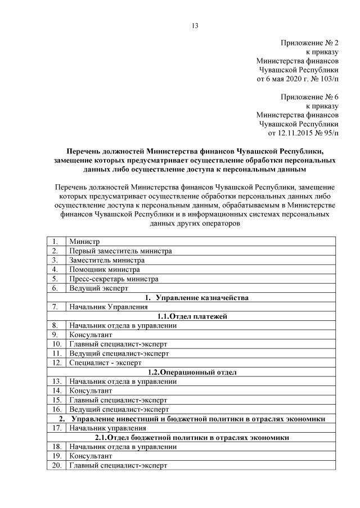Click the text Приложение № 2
[309, 42]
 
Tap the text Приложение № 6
[309, 97]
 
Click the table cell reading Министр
[81, 242]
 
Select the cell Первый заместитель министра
[120, 251]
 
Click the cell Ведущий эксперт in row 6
[96, 288]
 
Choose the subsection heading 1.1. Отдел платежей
[191, 316]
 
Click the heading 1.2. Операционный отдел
[191, 371]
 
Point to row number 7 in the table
[55, 307]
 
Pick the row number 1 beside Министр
[55, 242]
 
